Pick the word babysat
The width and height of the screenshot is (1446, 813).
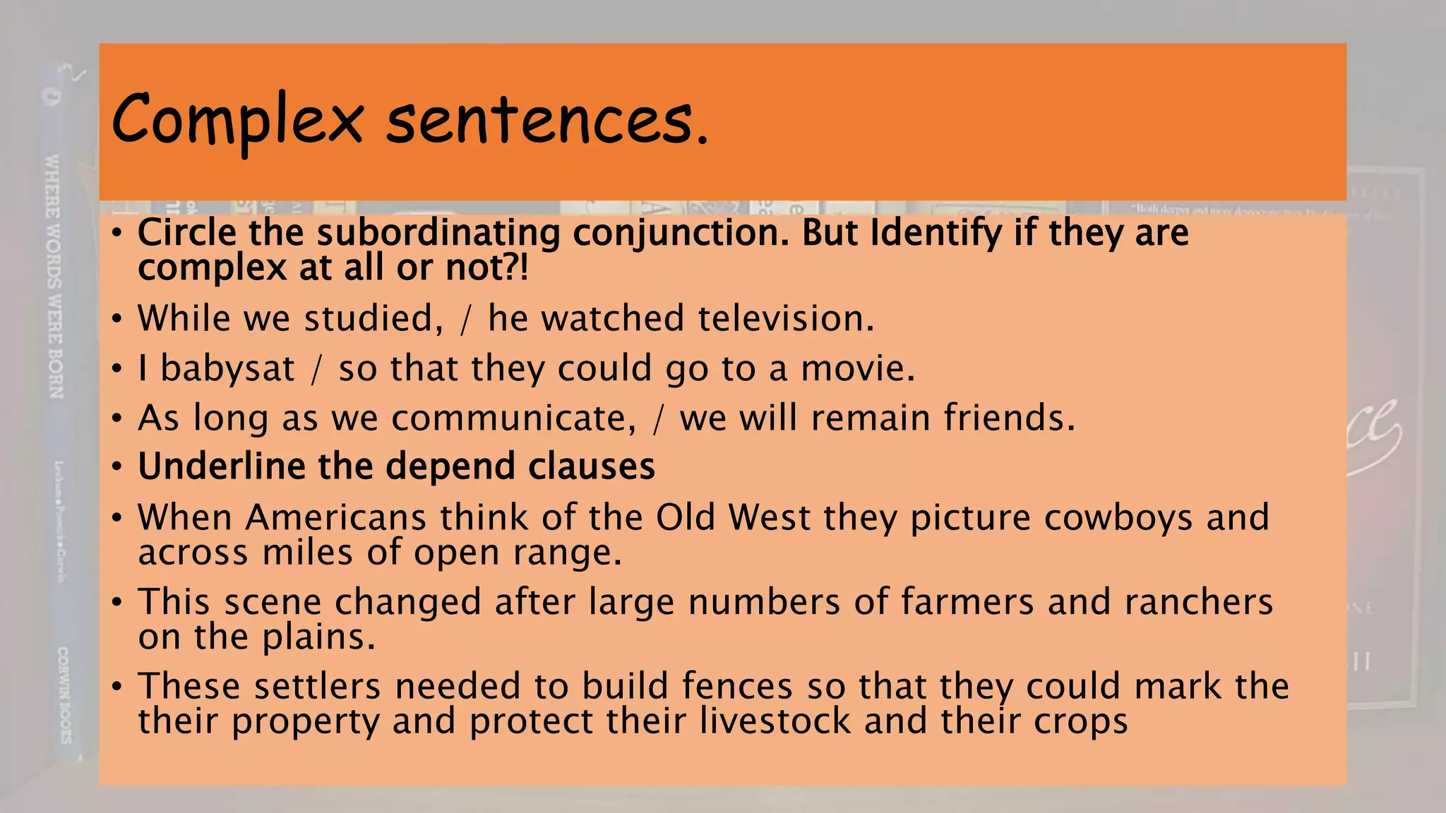coord(227,368)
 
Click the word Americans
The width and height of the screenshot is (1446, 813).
coord(336,517)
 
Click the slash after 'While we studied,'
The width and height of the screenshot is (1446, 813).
coord(465,320)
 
